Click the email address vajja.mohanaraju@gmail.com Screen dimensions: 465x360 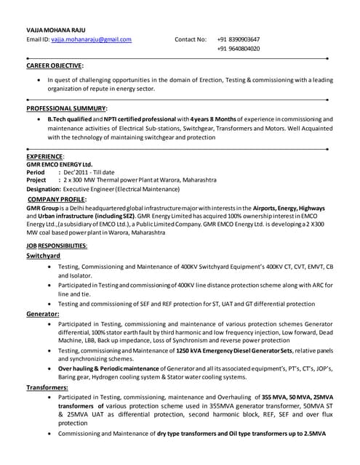click(x=89, y=39)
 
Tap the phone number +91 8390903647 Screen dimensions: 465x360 click(x=238, y=39)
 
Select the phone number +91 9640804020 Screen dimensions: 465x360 click(x=238, y=49)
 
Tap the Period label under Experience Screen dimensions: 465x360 click(x=36, y=172)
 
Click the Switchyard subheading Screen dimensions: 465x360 click(x=44, y=256)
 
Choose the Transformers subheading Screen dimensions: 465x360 click(x=48, y=388)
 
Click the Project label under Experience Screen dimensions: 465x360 click(x=36, y=179)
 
